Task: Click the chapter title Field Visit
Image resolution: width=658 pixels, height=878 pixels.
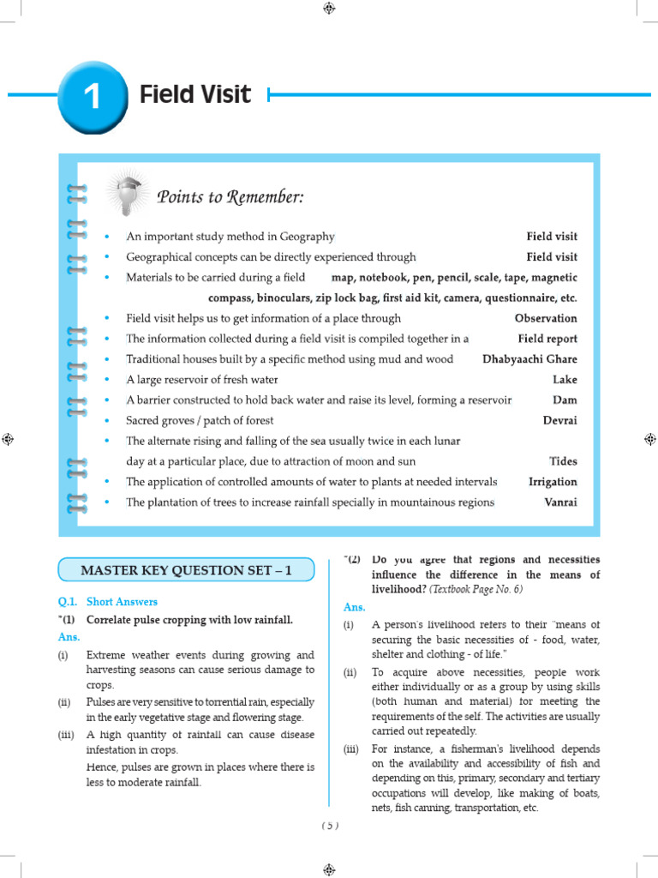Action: click(x=195, y=94)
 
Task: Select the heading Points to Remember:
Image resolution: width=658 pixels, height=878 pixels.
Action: click(x=230, y=198)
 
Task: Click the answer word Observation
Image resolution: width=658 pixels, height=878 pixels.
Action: click(x=546, y=318)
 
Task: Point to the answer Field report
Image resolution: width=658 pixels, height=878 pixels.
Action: click(x=547, y=339)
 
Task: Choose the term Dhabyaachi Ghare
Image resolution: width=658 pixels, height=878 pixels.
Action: click(x=529, y=359)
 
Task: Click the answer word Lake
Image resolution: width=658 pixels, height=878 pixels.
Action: click(x=565, y=380)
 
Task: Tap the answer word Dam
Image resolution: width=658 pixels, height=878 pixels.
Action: click(x=565, y=400)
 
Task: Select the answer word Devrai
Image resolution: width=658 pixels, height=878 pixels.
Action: click(x=559, y=421)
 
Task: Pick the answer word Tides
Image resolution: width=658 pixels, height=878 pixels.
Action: click(x=563, y=461)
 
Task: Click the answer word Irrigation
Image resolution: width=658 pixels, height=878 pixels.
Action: click(x=553, y=482)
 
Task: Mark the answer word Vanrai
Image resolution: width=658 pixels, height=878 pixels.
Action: click(x=560, y=502)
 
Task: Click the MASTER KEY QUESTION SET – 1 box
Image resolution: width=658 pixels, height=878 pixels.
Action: click(x=186, y=570)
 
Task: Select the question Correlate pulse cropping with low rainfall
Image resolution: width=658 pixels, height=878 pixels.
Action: click(x=189, y=620)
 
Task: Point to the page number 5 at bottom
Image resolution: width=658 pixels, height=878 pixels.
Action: click(x=330, y=826)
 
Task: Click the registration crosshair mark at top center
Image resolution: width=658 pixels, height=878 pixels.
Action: click(x=329, y=9)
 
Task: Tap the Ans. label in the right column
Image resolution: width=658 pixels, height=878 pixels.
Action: click(x=355, y=607)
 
